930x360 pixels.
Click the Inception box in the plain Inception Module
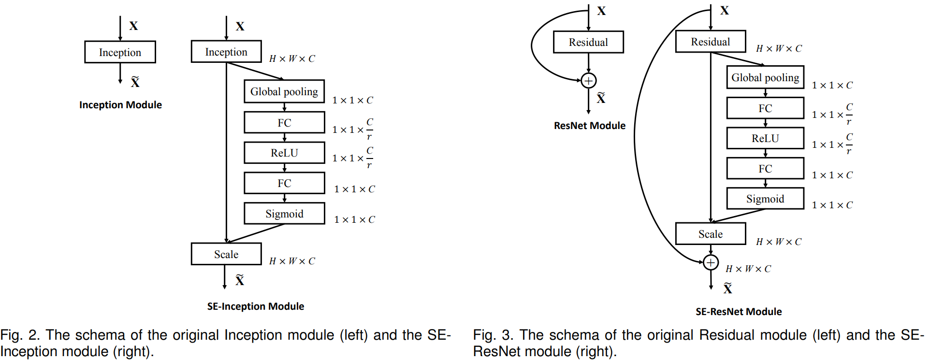tap(120, 52)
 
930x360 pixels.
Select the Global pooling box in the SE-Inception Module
tap(284, 91)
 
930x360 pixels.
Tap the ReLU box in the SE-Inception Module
tap(284, 153)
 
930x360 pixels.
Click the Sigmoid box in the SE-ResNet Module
tap(765, 199)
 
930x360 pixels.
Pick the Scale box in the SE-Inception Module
tap(226, 254)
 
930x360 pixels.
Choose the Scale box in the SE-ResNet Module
tap(711, 234)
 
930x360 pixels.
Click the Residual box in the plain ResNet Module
tap(588, 42)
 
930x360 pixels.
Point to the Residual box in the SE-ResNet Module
tap(711, 42)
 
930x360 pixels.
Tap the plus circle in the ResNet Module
tap(588, 81)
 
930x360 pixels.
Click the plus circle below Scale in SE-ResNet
tap(711, 262)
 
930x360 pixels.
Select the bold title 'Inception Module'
tap(120, 105)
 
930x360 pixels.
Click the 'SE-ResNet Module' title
tap(739, 312)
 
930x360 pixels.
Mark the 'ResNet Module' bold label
tap(589, 126)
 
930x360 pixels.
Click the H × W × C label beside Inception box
tap(292, 59)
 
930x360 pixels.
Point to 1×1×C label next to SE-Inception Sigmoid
tap(354, 220)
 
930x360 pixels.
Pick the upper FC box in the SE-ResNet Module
tap(765, 108)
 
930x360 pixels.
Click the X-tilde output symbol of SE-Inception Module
tap(240, 280)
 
